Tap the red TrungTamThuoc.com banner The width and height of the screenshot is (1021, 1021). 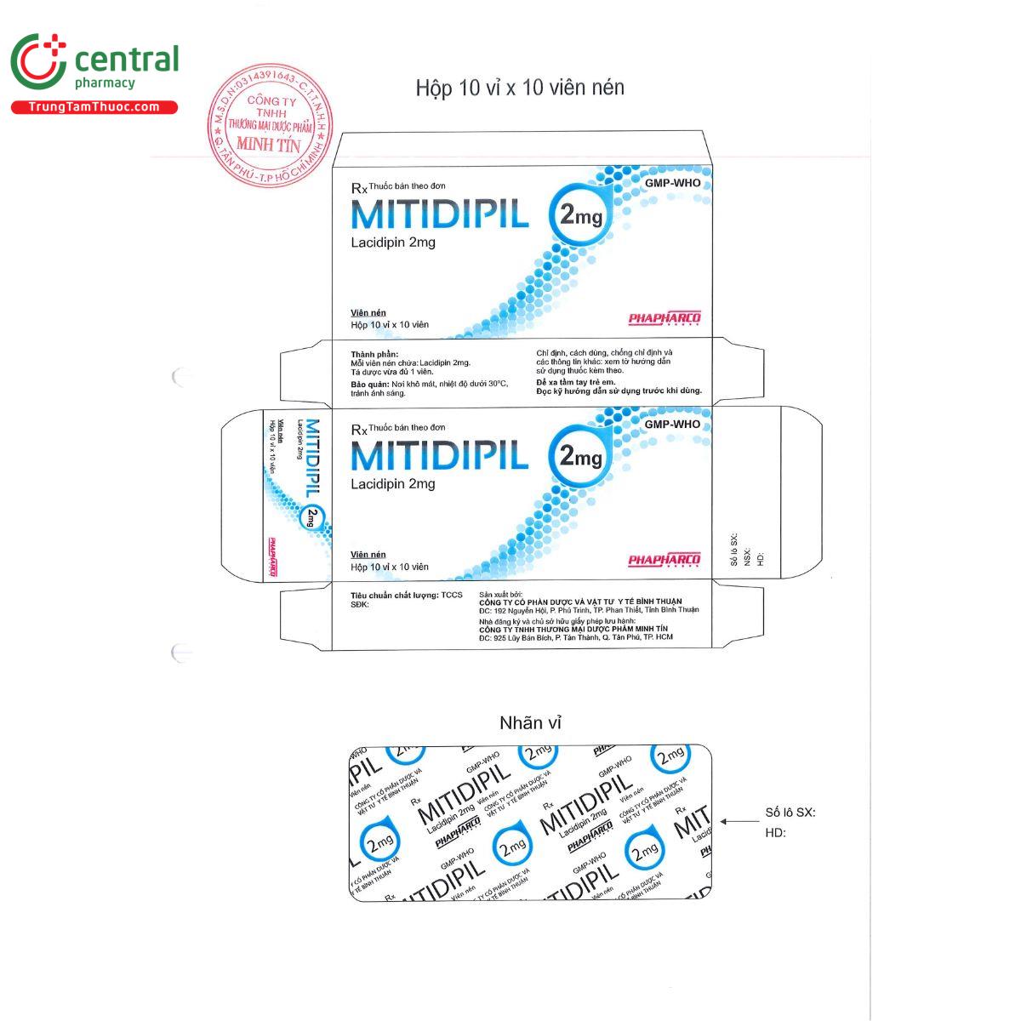pyautogui.click(x=94, y=107)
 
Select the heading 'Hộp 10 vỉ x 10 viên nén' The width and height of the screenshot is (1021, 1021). pyautogui.click(x=520, y=88)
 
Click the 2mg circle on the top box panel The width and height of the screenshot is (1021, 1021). pyautogui.click(x=580, y=218)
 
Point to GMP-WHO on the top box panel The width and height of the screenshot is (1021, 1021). pyautogui.click(x=672, y=183)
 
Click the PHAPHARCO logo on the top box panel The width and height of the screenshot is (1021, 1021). pyautogui.click(x=664, y=318)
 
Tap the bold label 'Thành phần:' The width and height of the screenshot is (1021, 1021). pyautogui.click(x=374, y=353)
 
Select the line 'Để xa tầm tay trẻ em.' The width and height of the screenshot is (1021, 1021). pyautogui.click(x=575, y=381)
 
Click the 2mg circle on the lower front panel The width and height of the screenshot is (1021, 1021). pyautogui.click(x=580, y=459)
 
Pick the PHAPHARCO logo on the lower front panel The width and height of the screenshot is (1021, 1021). pyautogui.click(x=664, y=559)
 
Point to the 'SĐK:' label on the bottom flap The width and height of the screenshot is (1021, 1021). pyautogui.click(x=361, y=605)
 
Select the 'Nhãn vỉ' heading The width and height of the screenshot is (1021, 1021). pyautogui.click(x=530, y=723)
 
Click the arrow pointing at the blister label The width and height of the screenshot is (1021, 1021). pyautogui.click(x=739, y=821)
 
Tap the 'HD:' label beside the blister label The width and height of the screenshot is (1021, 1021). pyautogui.click(x=775, y=833)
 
